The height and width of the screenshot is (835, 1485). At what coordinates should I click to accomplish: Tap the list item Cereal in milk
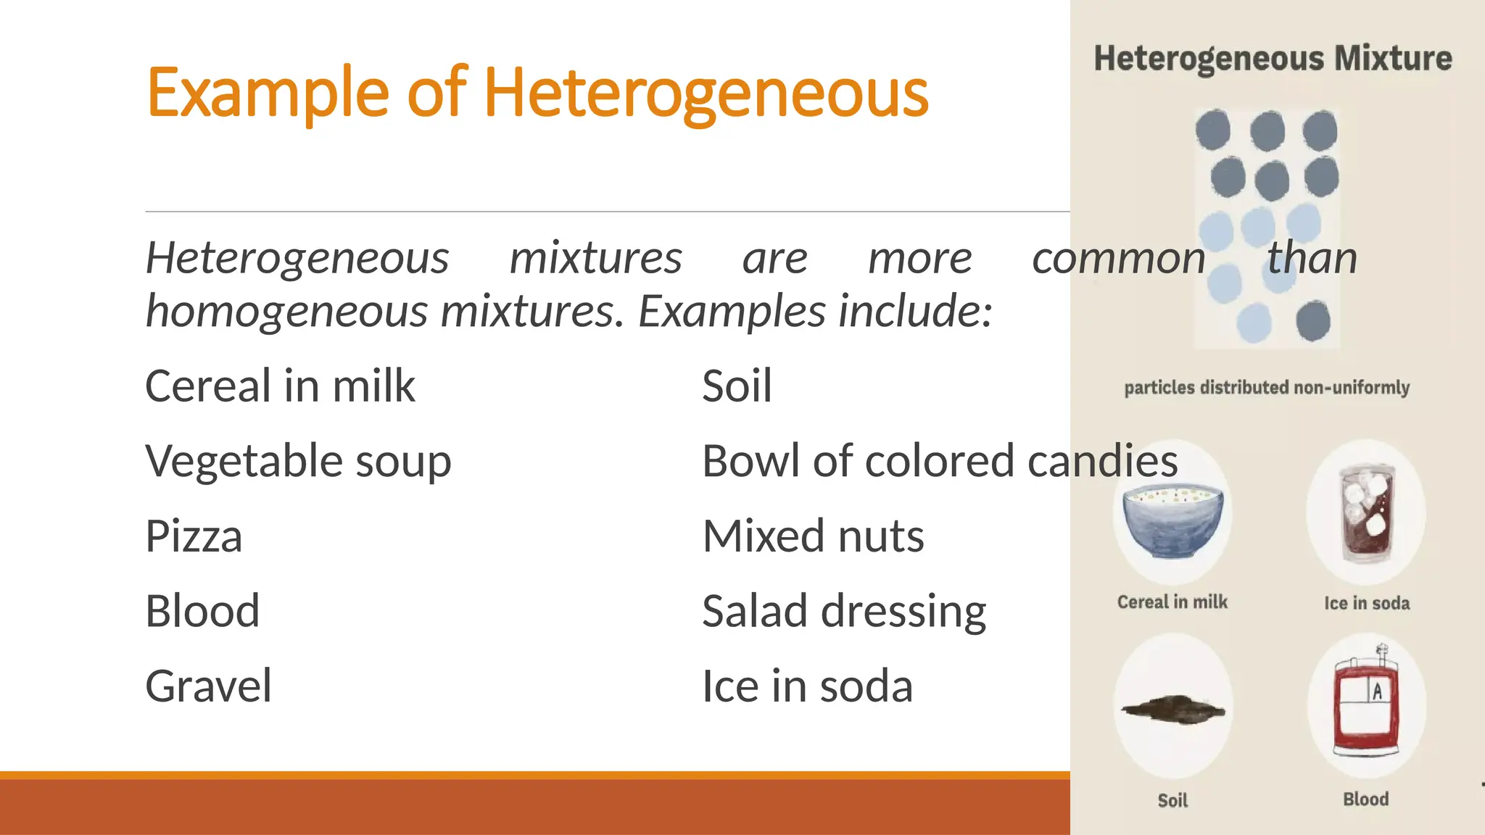(280, 386)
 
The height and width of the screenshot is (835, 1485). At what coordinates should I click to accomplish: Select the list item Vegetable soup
(298, 461)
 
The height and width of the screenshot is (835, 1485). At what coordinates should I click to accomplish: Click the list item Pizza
(194, 536)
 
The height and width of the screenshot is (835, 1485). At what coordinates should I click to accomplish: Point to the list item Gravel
(208, 686)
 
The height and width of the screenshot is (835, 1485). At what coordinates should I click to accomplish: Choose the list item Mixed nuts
(813, 536)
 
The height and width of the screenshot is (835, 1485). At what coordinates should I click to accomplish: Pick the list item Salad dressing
(844, 611)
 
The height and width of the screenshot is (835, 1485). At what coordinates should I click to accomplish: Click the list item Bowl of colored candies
(940, 461)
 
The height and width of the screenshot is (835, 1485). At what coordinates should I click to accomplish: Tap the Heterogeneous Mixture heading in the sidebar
(1273, 59)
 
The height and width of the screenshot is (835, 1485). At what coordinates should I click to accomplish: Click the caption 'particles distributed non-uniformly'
(1267, 388)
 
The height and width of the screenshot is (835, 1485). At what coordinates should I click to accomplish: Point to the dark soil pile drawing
(1172, 708)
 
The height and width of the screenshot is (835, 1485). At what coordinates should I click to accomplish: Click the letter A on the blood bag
(1377, 691)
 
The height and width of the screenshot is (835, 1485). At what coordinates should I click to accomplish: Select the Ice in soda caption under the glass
(1367, 603)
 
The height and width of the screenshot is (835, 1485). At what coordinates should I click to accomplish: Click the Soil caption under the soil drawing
(1172, 800)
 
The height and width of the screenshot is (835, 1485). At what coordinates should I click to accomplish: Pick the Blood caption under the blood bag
(1366, 799)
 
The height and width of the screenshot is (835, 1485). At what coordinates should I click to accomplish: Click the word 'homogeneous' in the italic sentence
(287, 312)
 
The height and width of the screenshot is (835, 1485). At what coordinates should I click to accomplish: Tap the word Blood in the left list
(202, 611)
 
